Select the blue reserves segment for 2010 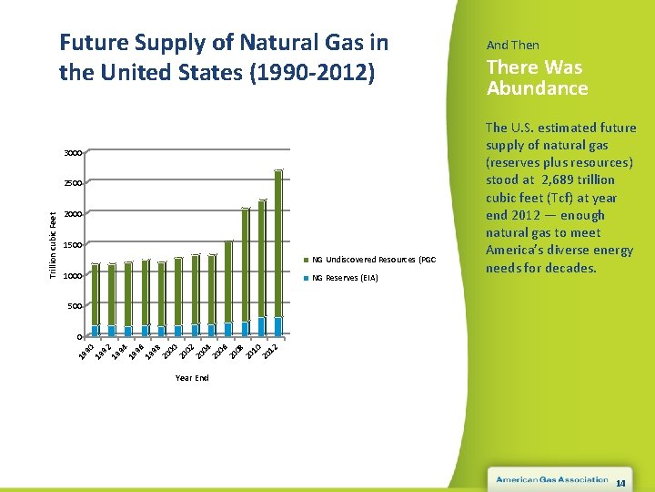262,327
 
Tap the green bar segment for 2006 228,281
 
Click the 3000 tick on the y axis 73,152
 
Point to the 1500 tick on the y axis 73,245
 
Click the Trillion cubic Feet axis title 53,245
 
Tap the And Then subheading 512,45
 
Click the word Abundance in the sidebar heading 537,88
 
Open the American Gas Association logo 551,479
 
